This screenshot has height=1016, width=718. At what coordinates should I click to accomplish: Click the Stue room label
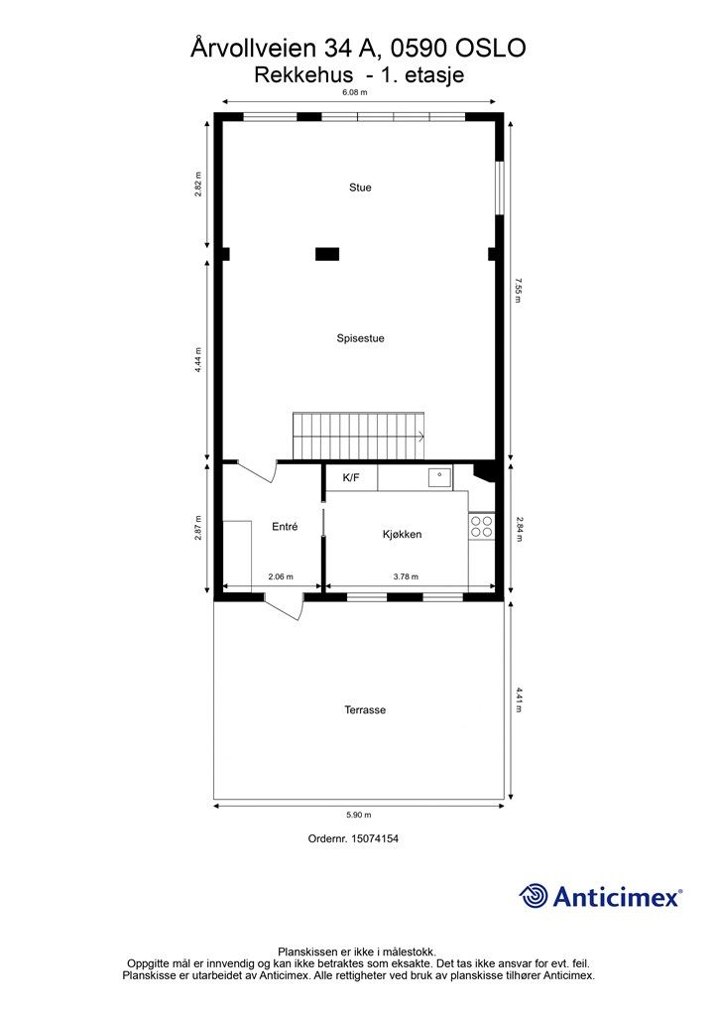tap(360, 188)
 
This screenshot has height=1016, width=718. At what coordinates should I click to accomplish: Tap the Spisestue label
tap(360, 338)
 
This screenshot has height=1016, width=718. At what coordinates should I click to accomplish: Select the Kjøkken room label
tap(402, 534)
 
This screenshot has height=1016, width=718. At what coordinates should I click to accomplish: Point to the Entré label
tap(285, 527)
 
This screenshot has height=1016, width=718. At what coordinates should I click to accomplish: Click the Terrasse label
tap(365, 709)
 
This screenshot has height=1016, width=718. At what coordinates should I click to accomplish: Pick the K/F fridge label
tap(351, 478)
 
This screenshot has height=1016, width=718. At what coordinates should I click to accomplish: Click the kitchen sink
tap(439, 477)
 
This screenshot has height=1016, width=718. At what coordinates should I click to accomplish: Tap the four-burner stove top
tap(482, 526)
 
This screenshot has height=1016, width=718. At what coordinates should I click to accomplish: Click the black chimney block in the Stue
tap(327, 254)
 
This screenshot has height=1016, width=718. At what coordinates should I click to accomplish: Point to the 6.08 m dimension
tap(355, 92)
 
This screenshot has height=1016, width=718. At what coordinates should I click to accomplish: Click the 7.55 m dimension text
tap(518, 291)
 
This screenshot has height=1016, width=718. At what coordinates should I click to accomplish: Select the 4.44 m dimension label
tap(198, 359)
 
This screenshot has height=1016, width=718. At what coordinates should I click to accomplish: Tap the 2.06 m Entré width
tap(281, 576)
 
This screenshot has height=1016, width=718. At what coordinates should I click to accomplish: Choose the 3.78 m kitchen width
tap(406, 576)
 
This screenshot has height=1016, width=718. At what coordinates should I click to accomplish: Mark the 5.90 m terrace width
tap(358, 816)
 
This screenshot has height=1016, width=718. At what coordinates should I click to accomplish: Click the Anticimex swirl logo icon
tap(534, 896)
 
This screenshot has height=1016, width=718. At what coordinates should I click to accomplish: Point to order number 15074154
tap(374, 838)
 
